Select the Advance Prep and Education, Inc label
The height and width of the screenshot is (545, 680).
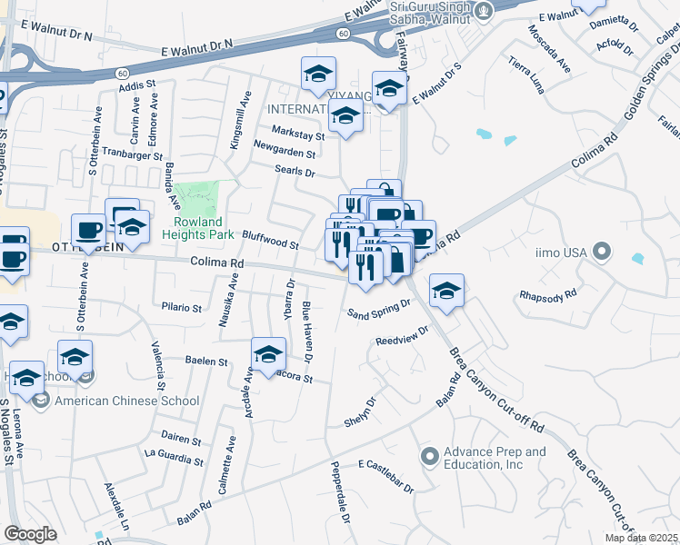click(x=495, y=458)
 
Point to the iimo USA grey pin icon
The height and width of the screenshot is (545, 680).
click(x=601, y=251)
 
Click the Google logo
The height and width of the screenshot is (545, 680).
click(x=30, y=534)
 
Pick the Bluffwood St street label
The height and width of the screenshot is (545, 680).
click(x=270, y=240)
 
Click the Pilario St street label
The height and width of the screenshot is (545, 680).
click(x=181, y=308)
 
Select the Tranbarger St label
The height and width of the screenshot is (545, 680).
click(x=132, y=153)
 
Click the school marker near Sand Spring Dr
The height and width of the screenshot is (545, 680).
click(x=446, y=291)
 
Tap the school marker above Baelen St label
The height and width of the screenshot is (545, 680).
click(x=268, y=354)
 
